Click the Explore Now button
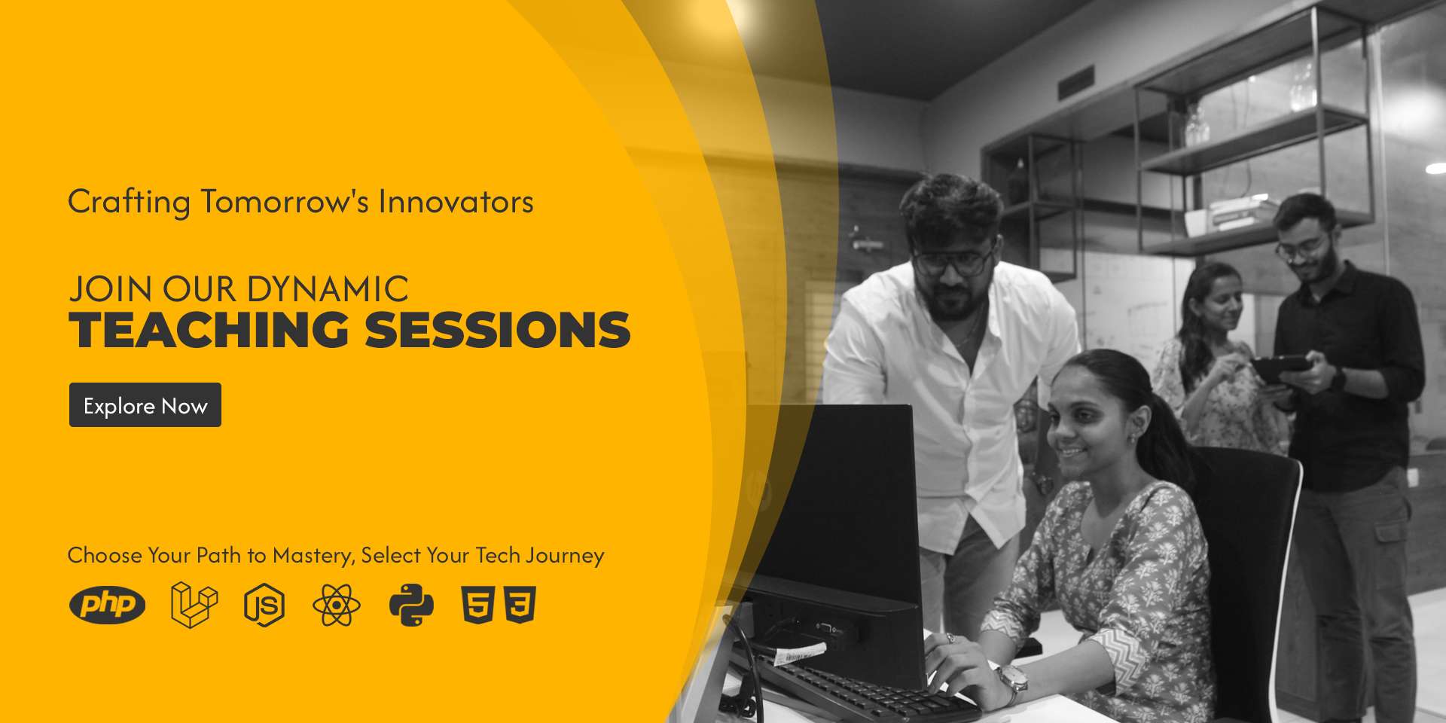coord(145,405)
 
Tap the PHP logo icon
coord(107,605)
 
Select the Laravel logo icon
coord(194,605)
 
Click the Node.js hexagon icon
coord(264,605)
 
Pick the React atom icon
coord(337,605)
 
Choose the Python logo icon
coord(411,605)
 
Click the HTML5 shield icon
coord(477,605)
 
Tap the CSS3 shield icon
coord(520,605)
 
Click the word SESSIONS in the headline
coord(498,330)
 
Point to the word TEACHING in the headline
coord(209,330)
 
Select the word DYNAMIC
coord(328,289)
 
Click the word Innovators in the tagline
coord(456,202)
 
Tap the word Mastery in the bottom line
coord(313,556)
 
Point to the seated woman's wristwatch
coord(1010,676)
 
